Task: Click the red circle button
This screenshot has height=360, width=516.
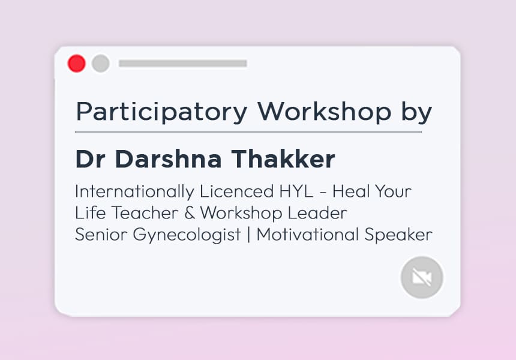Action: (x=76, y=63)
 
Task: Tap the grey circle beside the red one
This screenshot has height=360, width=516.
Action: (x=101, y=63)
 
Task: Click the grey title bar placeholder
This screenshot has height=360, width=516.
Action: (x=182, y=64)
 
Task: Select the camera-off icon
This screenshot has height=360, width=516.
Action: (x=422, y=277)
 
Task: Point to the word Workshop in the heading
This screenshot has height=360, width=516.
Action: (x=324, y=111)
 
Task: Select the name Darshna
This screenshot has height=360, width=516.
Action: (x=168, y=159)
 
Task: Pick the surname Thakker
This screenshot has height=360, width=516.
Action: (x=283, y=159)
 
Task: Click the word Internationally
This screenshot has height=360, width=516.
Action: (x=134, y=192)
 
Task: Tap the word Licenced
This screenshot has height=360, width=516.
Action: (x=236, y=191)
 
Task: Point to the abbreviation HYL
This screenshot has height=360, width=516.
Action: (x=296, y=191)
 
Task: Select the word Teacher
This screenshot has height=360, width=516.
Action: (x=145, y=213)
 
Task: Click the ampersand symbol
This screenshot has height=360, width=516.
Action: (x=190, y=213)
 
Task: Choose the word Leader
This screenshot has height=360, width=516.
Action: (x=317, y=213)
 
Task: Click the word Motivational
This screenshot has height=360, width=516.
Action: (x=307, y=235)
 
